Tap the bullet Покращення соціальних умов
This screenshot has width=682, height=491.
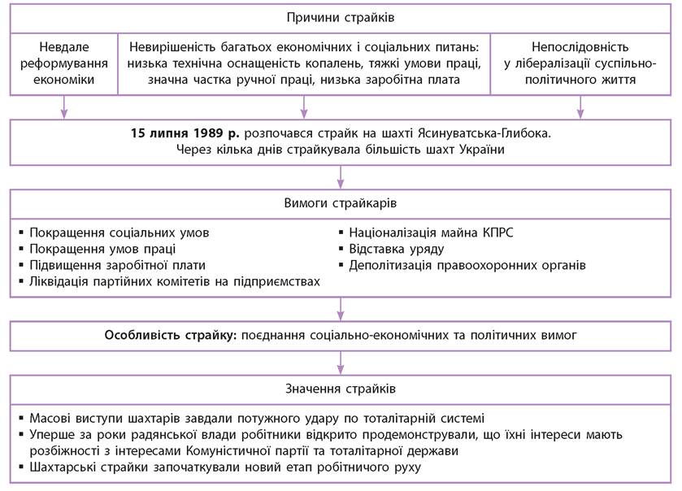(119, 232)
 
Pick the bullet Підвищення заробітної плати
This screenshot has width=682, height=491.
(117, 265)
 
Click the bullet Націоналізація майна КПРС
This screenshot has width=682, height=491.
(431, 232)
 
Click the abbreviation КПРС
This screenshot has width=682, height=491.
(495, 232)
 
